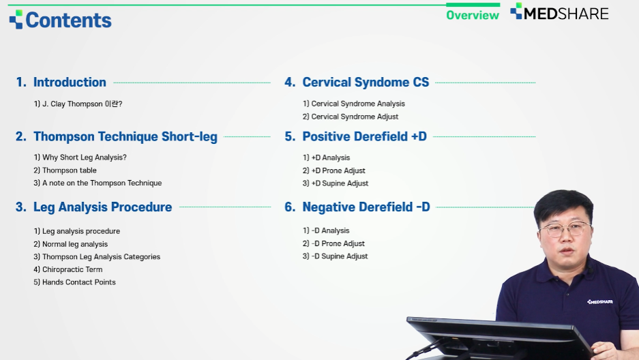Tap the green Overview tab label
pyautogui.click(x=473, y=15)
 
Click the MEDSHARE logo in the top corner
pyautogui.click(x=559, y=13)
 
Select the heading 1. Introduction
pyautogui.click(x=61, y=82)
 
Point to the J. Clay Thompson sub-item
pyautogui.click(x=78, y=104)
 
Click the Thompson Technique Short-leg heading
pyautogui.click(x=117, y=137)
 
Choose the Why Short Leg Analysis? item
pyautogui.click(x=80, y=157)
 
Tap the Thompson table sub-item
pyautogui.click(x=65, y=170)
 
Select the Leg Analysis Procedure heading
pyautogui.click(x=93, y=207)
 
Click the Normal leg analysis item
pyautogui.click(x=70, y=244)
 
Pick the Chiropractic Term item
pyautogui.click(x=68, y=269)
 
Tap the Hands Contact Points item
pyautogui.click(x=74, y=282)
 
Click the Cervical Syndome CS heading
pyautogui.click(x=357, y=82)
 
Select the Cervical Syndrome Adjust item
pyautogui.click(x=350, y=117)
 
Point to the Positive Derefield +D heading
pyautogui.click(x=355, y=136)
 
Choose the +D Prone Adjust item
pyautogui.click(x=333, y=170)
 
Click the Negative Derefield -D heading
pyautogui.click(x=357, y=207)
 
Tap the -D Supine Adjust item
pyautogui.click(x=335, y=256)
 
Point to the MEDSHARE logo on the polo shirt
pyautogui.click(x=600, y=302)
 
